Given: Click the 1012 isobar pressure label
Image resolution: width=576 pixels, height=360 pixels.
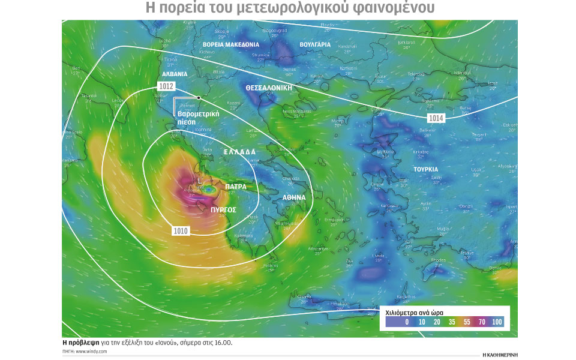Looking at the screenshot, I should click(x=166, y=87).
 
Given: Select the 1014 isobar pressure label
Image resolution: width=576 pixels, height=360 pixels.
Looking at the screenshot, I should click(x=436, y=118).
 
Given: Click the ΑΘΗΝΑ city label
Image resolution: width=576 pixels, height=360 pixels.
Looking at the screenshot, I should click(x=295, y=197).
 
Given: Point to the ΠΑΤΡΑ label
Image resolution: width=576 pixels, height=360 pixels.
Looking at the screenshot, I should click(x=236, y=187).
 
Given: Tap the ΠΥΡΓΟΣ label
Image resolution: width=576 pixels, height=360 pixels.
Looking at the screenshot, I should click(x=223, y=210).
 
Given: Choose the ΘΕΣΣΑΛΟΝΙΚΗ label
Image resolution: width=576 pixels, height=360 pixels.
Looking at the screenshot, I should click(x=269, y=88).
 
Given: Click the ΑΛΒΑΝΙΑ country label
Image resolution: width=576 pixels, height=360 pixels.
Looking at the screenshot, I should click(x=174, y=74).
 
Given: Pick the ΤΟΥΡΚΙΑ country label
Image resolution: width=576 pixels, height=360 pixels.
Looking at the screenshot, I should click(x=425, y=169).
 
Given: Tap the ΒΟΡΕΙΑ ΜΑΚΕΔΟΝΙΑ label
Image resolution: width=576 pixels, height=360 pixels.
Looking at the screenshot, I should click(x=231, y=45).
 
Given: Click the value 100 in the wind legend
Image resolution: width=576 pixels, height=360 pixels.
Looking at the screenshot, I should click(x=497, y=322).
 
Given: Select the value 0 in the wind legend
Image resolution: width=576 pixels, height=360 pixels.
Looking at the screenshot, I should click(x=407, y=322).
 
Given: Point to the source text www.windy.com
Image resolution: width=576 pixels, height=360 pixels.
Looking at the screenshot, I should click(x=92, y=351).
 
